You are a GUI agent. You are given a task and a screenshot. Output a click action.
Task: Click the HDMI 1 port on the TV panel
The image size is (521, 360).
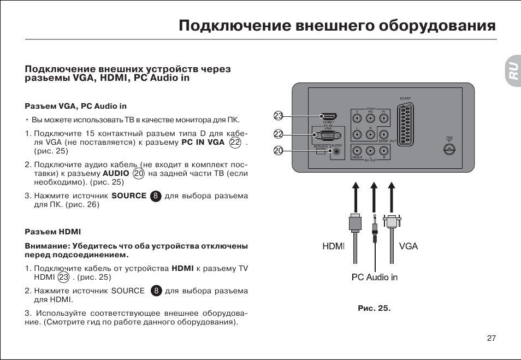coord(328,117)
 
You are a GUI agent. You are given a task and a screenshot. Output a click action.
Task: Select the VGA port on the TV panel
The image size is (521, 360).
coord(328,134)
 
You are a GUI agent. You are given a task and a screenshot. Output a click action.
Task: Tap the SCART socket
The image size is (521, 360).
coord(405,123)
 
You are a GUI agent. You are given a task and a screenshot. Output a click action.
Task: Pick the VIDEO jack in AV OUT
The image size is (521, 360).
coord(357,150)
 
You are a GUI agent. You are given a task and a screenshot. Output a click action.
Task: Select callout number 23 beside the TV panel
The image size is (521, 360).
coord(279,116)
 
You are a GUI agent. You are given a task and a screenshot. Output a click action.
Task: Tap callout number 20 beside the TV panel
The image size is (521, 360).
coord(279,151)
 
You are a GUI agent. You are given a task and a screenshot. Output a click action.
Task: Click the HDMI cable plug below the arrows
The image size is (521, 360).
coord(354,224)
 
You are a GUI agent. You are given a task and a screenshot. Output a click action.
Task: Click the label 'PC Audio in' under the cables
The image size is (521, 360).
coord(374,278)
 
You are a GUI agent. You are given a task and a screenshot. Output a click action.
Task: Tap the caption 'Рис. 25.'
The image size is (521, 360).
coord(374,308)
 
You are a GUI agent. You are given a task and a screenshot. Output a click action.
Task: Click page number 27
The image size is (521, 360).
coord(491,338)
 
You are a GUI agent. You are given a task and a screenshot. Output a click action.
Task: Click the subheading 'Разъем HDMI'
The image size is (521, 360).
coord(53,232)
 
